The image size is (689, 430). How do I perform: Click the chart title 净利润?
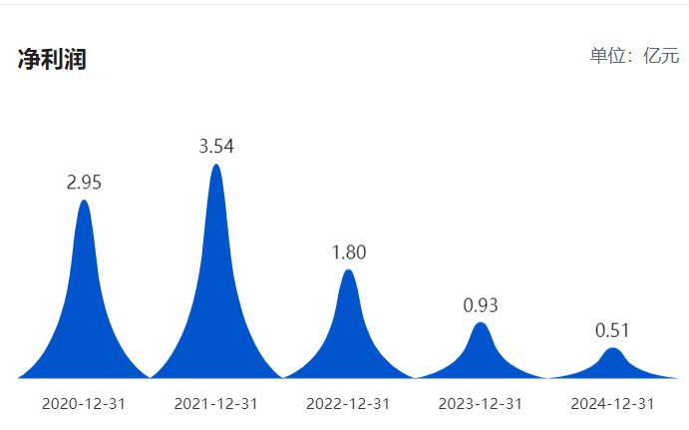(52, 59)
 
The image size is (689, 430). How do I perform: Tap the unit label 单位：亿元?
(634, 55)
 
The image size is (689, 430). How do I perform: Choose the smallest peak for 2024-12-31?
(612, 365)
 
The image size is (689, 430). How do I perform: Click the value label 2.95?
(84, 183)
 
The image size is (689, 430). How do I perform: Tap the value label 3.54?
(216, 147)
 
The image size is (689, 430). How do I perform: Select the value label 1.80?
(348, 252)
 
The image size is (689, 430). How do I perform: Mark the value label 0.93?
(481, 305)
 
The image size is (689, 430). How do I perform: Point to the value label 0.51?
(612, 330)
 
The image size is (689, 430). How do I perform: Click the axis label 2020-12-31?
(84, 404)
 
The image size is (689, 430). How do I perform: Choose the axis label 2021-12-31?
(215, 404)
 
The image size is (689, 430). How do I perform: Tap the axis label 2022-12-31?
(348, 404)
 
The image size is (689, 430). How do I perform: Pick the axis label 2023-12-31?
(481, 404)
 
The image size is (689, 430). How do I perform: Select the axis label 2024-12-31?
(612, 404)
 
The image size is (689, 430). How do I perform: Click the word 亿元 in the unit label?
(661, 55)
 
